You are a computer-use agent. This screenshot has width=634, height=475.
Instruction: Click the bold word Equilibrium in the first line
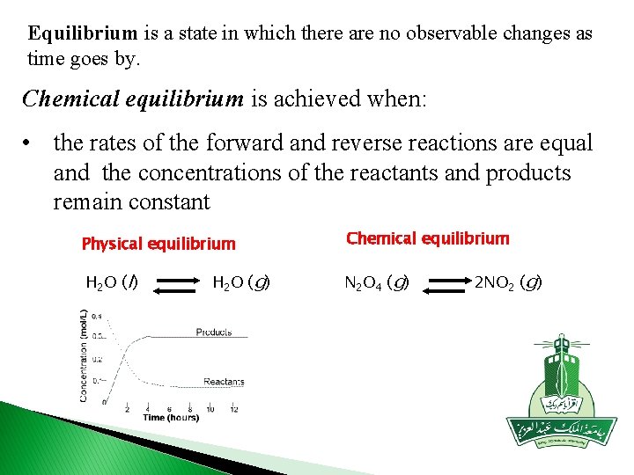pos(83,34)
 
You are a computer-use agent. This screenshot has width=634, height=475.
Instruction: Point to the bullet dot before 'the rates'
pos(29,142)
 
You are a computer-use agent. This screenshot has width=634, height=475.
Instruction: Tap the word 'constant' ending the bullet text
pos(168,202)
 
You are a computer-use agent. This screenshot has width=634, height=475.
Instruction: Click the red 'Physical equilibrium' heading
pos(158,244)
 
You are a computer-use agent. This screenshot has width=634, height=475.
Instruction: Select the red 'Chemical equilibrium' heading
pos(428,238)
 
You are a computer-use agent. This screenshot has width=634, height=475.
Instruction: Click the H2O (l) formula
pos(111,282)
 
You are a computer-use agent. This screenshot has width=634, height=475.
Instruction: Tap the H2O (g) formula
pos(241,282)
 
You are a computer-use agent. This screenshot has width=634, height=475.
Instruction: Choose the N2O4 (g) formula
pos(375,283)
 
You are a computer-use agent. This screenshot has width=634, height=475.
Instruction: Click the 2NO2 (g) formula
pos(508,282)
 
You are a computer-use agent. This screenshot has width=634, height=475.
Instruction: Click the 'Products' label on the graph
pos(214,332)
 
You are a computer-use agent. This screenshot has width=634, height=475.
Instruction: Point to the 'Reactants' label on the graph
pos(224,382)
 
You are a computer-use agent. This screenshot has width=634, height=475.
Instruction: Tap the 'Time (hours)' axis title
pos(171,418)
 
